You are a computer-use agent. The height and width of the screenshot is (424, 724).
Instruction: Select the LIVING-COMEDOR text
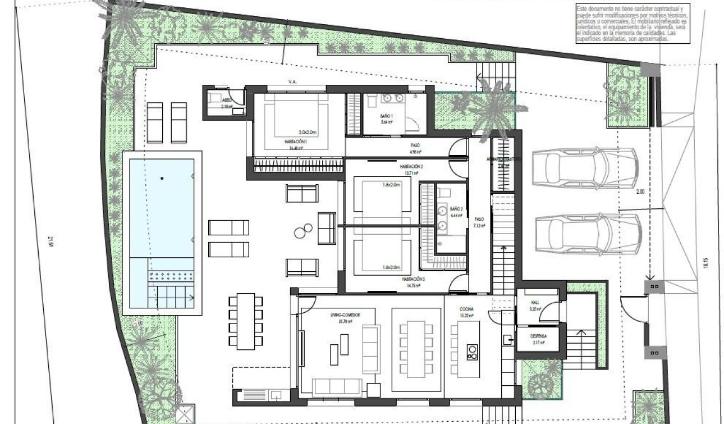pyautogui.click(x=345, y=315)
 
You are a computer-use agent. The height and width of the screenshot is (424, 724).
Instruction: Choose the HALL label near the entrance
pyautogui.click(x=534, y=302)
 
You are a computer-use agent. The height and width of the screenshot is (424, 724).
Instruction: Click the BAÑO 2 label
pyautogui.click(x=456, y=208)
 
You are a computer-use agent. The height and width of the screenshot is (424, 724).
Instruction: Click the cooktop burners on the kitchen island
pyautogui.click(x=472, y=351)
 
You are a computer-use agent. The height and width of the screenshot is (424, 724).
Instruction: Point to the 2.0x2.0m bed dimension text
pyautogui.click(x=308, y=133)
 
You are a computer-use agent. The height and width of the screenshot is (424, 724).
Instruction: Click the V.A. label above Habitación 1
pyautogui.click(x=292, y=82)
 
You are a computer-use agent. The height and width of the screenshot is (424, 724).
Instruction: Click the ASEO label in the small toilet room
pyautogui.click(x=226, y=99)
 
